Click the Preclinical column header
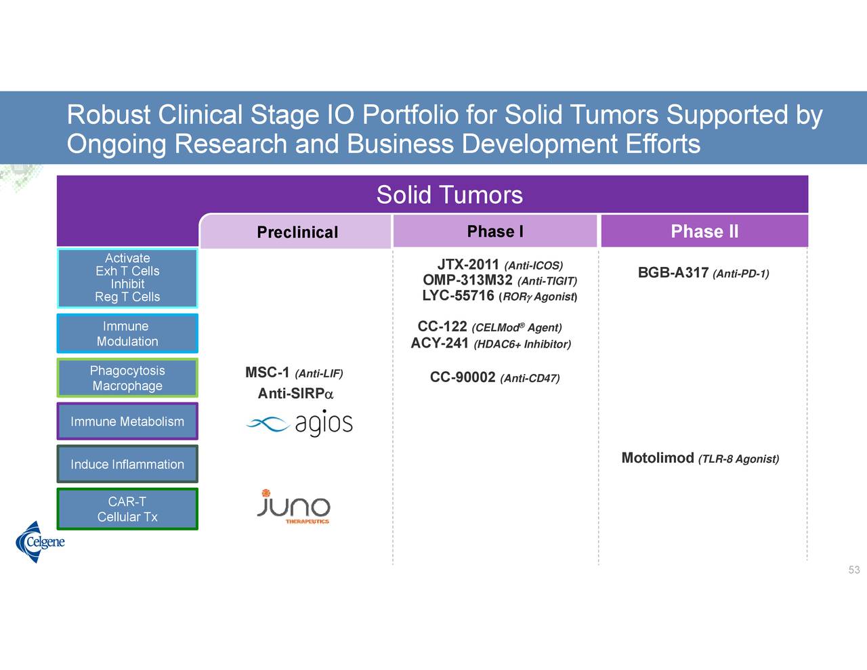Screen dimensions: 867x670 297,232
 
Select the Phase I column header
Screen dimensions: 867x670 495,231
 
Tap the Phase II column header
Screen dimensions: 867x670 704,231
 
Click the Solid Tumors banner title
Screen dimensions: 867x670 450,194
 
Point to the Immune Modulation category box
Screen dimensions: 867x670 127,333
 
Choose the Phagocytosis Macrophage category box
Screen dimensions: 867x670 127,378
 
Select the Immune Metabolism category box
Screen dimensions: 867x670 127,421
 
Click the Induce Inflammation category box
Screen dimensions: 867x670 127,463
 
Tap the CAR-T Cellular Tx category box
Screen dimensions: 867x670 127,509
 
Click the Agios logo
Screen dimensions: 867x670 299,423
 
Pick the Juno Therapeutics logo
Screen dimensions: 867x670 294,506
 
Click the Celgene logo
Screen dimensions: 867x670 39,542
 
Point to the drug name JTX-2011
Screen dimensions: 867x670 468,264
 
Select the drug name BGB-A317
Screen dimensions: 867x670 673,272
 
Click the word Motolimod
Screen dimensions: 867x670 658,458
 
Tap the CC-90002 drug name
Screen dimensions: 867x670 463,377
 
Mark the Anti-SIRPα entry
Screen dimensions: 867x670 295,394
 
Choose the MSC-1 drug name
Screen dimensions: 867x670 267,373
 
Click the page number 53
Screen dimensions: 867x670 854,570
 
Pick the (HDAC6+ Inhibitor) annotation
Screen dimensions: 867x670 522,344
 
